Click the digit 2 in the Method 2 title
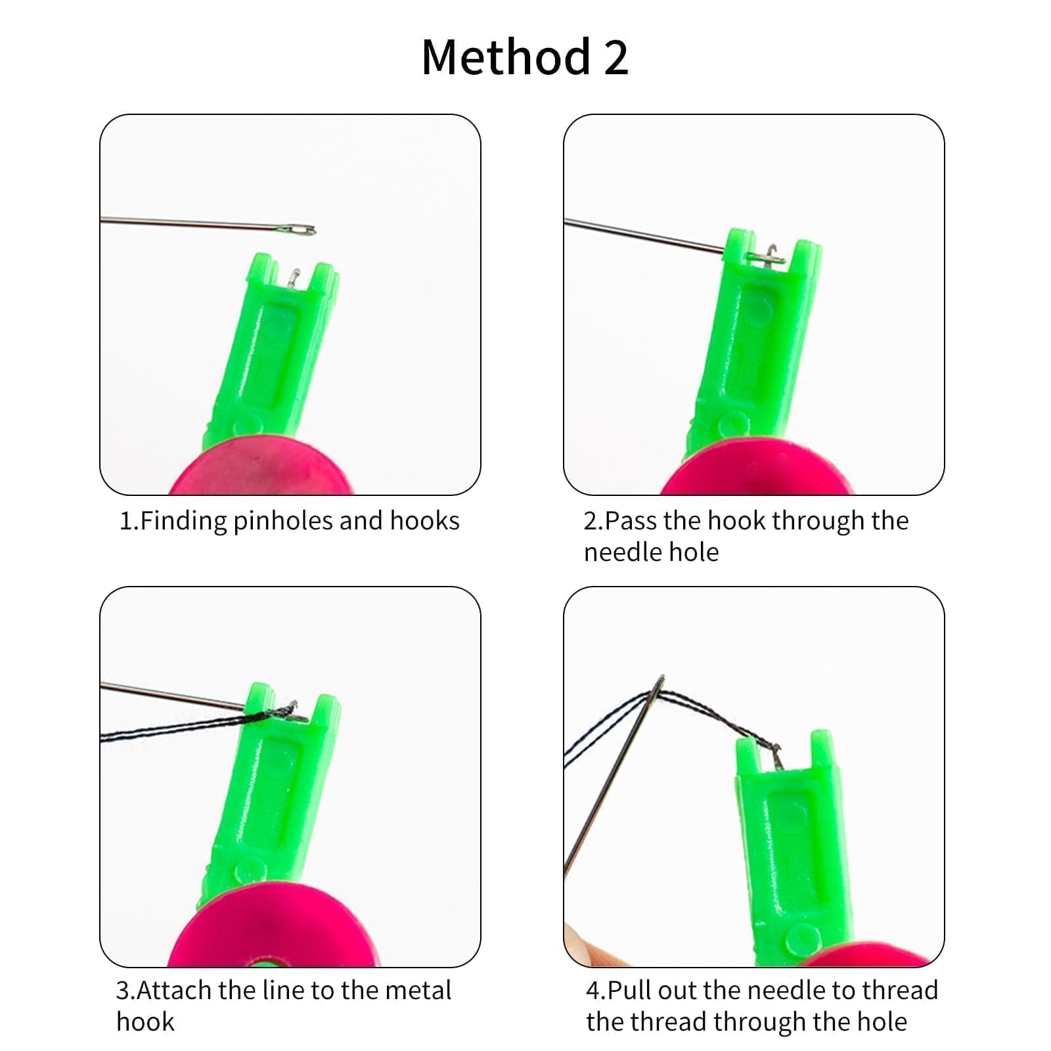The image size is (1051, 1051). coord(615,57)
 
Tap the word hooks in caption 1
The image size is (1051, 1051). coord(425,520)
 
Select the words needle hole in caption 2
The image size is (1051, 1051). coord(651,552)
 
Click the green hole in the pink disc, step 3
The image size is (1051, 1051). coord(263,962)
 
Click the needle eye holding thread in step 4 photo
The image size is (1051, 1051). coord(656,690)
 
